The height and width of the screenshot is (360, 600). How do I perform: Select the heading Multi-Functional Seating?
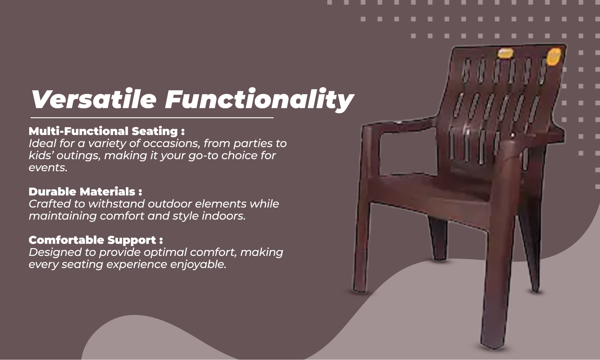[x=106, y=131]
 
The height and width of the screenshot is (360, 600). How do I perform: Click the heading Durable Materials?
[x=85, y=191]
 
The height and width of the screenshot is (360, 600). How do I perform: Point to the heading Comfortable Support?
[x=96, y=240]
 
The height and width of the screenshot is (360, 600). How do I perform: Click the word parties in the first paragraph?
[x=252, y=144]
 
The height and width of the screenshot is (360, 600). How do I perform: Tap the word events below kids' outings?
[x=48, y=168]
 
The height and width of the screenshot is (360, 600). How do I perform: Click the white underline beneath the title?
[x=152, y=118]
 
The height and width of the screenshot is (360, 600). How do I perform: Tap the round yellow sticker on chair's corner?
[x=554, y=57]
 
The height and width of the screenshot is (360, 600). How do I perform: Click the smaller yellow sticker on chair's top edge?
[x=505, y=53]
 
